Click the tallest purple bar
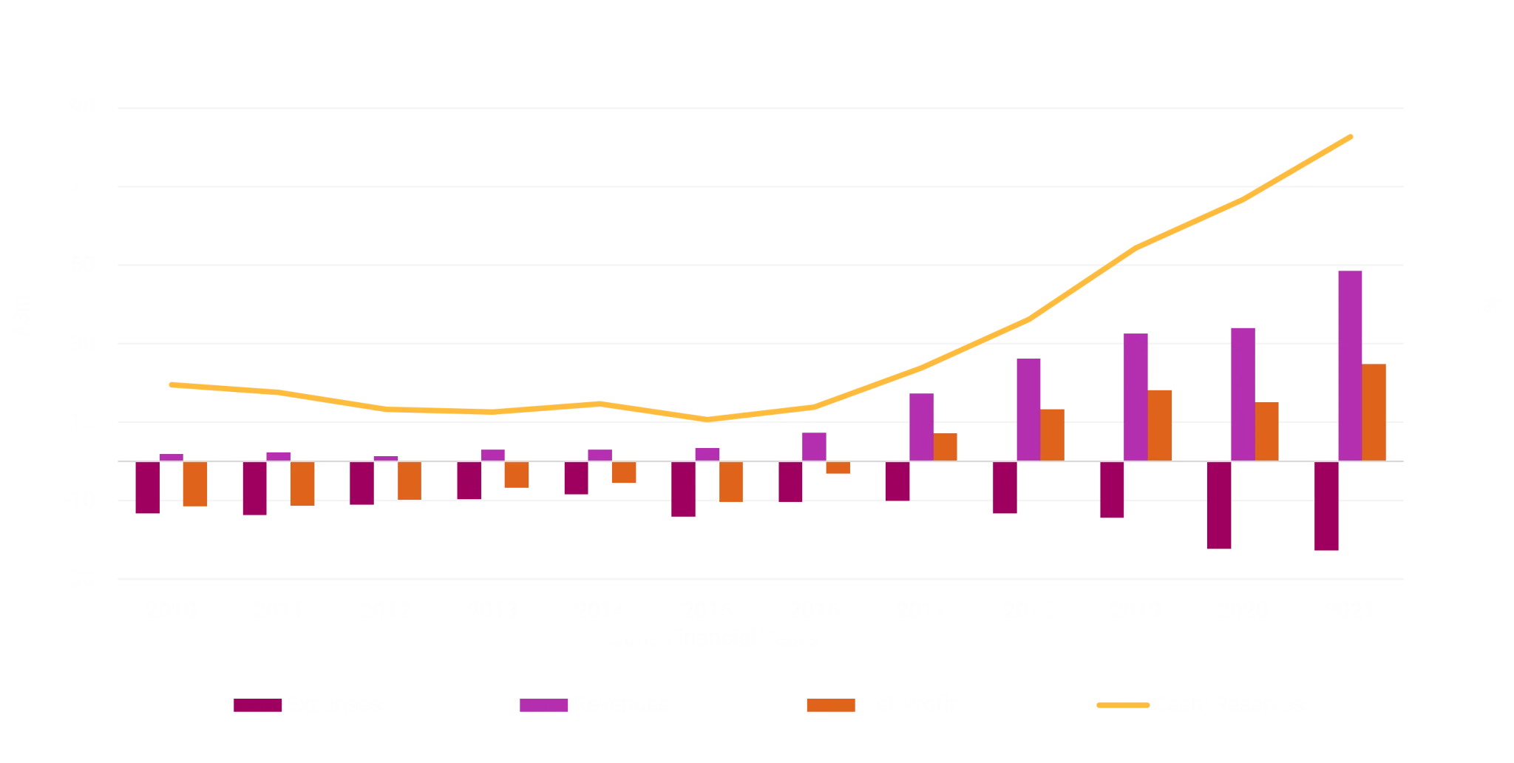click(x=1351, y=364)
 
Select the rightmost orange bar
click(x=1375, y=412)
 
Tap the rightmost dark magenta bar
click(x=1327, y=508)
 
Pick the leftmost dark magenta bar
click(x=147, y=488)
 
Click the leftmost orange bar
click(x=195, y=485)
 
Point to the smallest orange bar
click(x=838, y=469)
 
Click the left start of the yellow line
click(x=169, y=384)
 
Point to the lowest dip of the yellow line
click(x=707, y=419)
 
